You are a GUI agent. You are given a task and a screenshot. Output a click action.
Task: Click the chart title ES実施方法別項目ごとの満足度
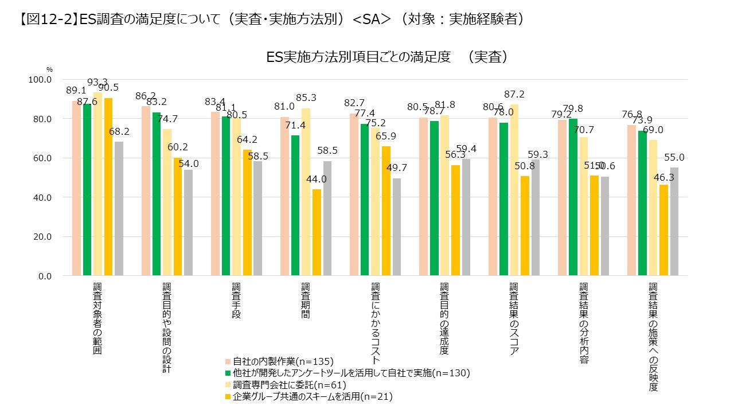388,57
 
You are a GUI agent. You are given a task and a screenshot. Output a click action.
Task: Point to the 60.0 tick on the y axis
41,158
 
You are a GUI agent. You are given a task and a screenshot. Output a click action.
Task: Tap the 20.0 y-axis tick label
41,236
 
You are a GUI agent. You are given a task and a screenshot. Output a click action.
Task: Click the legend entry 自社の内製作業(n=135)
279,361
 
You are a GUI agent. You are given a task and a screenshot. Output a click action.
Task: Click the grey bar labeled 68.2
119,209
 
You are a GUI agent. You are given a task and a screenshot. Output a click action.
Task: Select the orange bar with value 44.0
317,232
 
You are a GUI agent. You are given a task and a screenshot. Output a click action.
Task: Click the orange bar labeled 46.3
663,230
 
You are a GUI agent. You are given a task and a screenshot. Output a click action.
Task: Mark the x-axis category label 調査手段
236,301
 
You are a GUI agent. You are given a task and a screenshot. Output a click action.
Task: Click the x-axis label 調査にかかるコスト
375,324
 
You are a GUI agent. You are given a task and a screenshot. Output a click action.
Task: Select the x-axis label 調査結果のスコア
514,319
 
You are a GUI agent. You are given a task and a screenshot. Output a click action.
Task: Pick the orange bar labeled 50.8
525,225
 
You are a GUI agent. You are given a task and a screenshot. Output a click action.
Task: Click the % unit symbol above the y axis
49,69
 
